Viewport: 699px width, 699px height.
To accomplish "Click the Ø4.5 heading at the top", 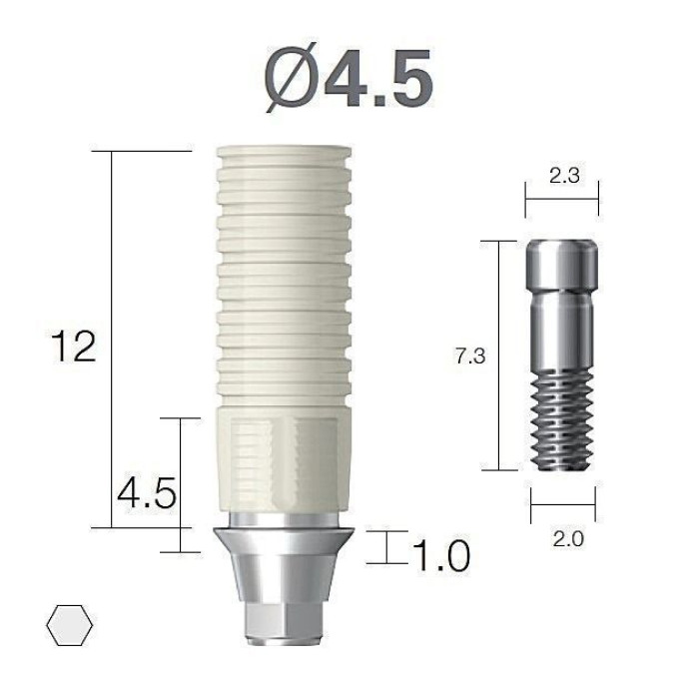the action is [349, 77].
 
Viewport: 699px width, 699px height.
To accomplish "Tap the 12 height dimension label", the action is [74, 346].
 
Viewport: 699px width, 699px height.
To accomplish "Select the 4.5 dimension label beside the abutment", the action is [147, 493].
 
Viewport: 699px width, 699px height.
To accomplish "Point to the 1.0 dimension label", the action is [441, 555].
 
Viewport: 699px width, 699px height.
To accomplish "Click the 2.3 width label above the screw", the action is [564, 175].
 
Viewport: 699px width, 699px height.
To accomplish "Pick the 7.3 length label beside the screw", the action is [470, 356].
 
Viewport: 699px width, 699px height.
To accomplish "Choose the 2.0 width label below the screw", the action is [568, 539].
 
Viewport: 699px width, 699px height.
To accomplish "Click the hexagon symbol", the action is [70, 625].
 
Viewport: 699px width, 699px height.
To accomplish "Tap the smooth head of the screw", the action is [561, 265].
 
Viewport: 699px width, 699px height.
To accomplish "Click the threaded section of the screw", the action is [561, 420].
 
